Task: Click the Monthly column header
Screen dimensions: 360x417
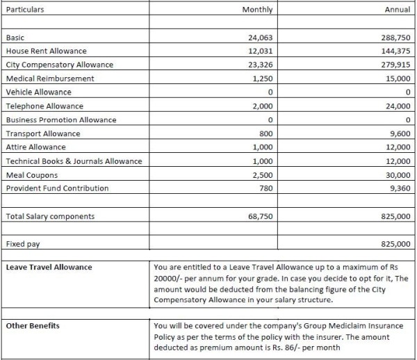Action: point(257,10)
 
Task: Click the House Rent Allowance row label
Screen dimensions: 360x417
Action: point(46,51)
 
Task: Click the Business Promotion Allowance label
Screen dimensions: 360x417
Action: point(61,120)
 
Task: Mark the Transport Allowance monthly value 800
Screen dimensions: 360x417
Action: point(264,133)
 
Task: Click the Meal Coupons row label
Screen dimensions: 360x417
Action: point(32,175)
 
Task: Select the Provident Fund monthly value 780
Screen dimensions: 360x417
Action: point(264,188)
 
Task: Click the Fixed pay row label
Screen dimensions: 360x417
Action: point(24,244)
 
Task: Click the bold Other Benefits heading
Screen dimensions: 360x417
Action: point(33,325)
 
